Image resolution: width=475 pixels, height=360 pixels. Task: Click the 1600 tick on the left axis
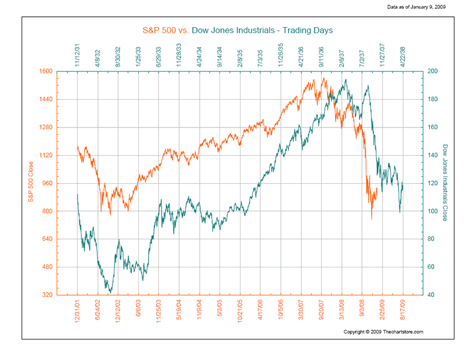[x=63, y=71]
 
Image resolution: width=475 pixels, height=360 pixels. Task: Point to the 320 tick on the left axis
[x=64, y=295]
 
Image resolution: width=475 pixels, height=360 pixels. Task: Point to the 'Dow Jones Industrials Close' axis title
[x=446, y=182]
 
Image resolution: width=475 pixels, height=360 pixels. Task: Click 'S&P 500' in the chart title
[x=159, y=30]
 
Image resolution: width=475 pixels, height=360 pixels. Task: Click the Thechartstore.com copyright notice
[x=384, y=332]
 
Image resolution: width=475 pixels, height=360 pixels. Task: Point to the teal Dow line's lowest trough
[x=110, y=293]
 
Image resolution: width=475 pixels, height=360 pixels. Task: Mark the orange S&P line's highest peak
[x=323, y=78]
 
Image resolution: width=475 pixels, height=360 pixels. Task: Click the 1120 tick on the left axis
[x=63, y=155]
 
